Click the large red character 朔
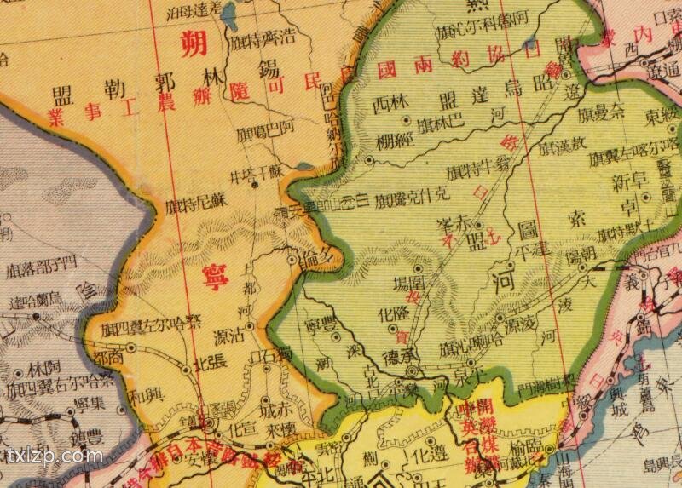pos(195,43)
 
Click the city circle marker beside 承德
pos(411,371)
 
